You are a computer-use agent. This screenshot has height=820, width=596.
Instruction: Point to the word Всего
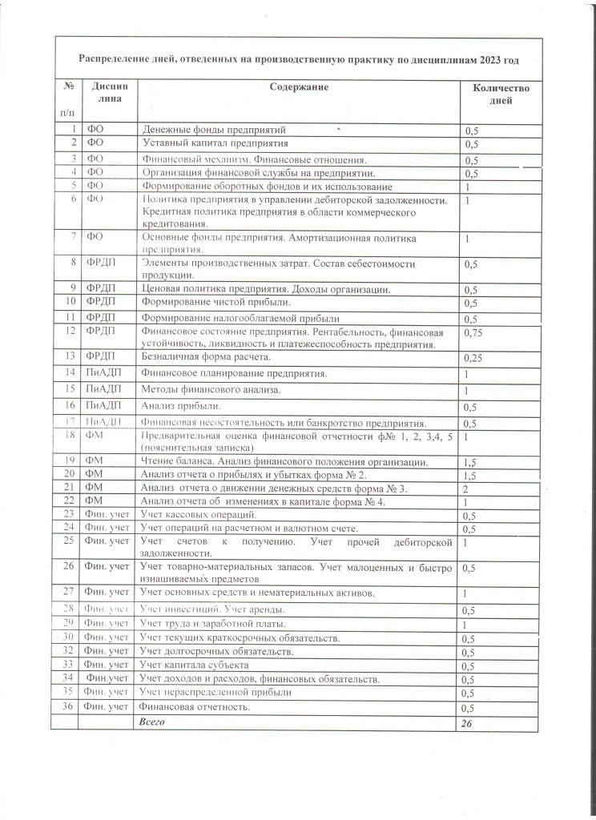[x=152, y=722]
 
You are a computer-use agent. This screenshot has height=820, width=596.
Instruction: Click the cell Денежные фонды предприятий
[x=214, y=129]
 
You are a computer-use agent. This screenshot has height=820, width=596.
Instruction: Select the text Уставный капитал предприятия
[x=215, y=143]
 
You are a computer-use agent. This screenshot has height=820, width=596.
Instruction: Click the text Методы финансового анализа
[x=211, y=389]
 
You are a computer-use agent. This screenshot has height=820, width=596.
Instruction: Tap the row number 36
[x=68, y=708]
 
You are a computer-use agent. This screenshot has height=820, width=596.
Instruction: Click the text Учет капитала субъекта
[x=194, y=665]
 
